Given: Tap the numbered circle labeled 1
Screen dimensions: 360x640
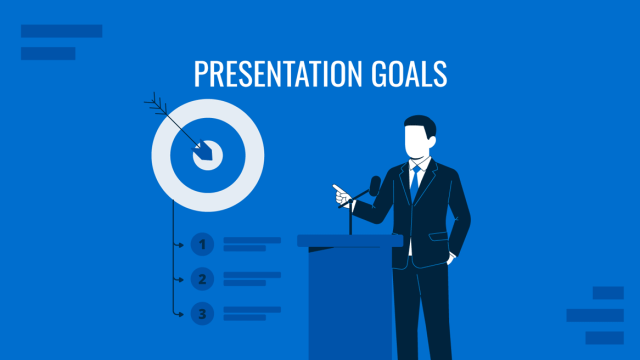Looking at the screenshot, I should tap(203, 243).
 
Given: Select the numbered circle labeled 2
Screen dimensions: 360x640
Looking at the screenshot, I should tap(203, 279).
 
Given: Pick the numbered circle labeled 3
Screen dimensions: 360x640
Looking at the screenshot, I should tap(203, 314).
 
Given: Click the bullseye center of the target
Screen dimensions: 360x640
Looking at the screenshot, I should tap(208, 154).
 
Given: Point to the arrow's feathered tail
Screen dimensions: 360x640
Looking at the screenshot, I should tap(154, 101).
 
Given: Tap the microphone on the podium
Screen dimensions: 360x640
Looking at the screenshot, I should tap(374, 186).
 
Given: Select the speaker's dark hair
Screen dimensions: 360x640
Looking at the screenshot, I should tap(419, 128).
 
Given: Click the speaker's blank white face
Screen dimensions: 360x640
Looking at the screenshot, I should tap(415, 142).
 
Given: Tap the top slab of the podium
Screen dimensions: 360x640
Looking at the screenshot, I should tap(349, 240).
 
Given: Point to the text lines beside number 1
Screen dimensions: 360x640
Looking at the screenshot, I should tap(250, 243).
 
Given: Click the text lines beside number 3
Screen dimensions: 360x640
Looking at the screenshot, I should tap(250, 314).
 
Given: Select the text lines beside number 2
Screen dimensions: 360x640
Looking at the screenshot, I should tap(250, 279).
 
